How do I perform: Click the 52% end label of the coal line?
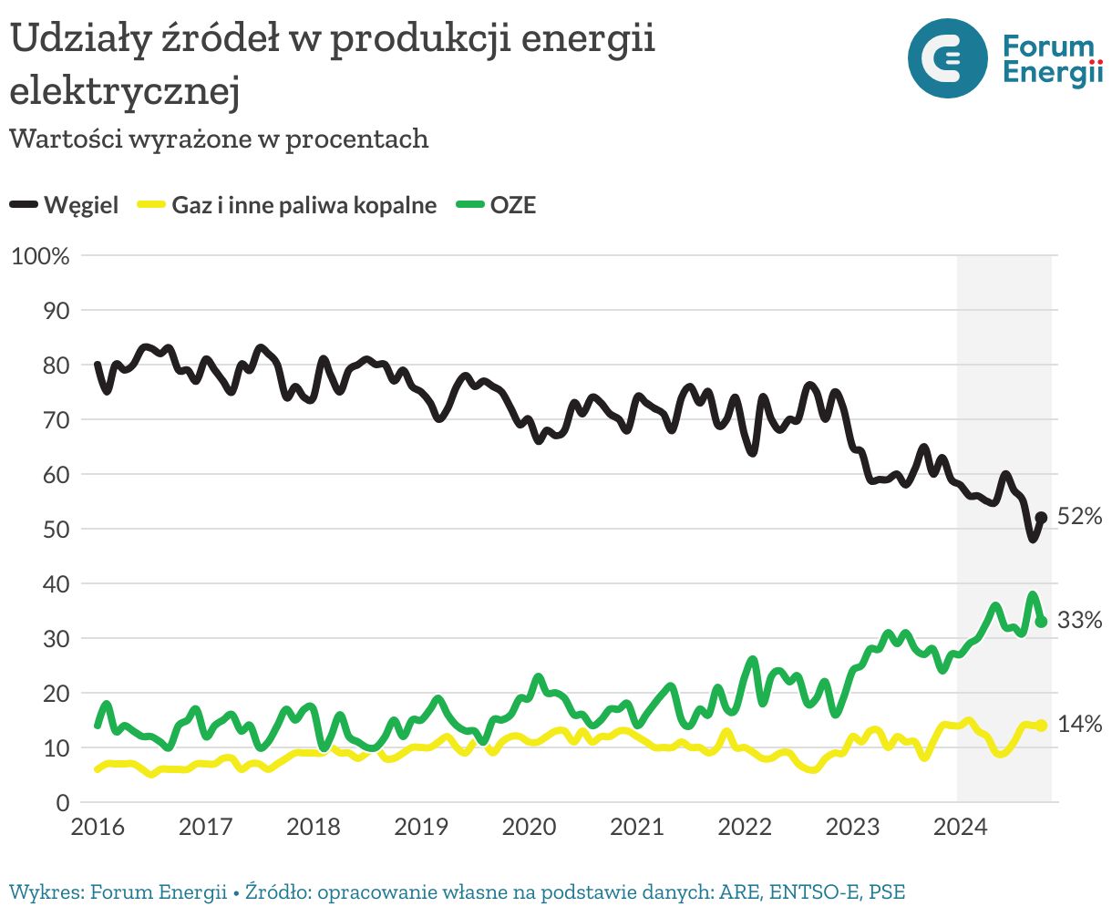click(x=1079, y=517)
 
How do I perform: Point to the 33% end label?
click(x=1079, y=621)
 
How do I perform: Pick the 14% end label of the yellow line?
click(x=1079, y=725)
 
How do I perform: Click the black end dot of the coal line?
click(x=1041, y=518)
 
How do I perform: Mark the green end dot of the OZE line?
click(x=1041, y=622)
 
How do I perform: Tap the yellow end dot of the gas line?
click(x=1041, y=726)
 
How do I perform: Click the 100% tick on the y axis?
click(x=40, y=256)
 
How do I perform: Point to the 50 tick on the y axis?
click(x=57, y=530)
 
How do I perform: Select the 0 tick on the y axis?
click(x=63, y=803)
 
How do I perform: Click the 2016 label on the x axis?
click(x=98, y=828)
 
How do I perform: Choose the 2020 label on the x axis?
click(x=529, y=828)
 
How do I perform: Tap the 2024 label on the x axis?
click(x=960, y=828)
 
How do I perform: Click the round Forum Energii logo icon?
click(x=947, y=58)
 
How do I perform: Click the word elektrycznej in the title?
click(x=125, y=91)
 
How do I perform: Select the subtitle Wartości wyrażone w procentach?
click(x=219, y=139)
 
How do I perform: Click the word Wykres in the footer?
click(x=43, y=891)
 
